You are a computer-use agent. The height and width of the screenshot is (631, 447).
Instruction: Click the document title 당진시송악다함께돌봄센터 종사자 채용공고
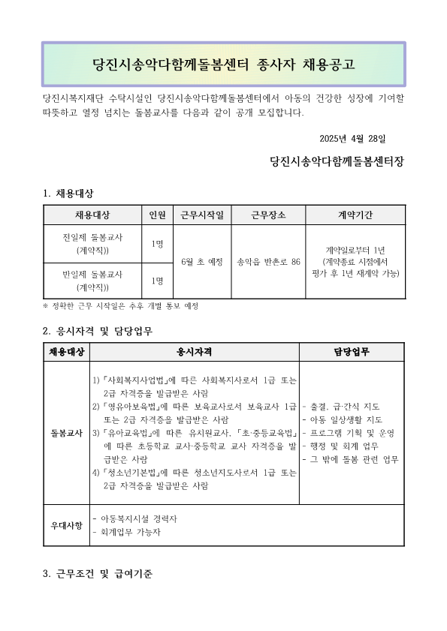223,64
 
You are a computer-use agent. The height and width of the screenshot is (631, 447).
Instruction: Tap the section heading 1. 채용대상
68,194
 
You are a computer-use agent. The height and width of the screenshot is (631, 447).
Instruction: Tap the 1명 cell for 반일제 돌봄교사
158,281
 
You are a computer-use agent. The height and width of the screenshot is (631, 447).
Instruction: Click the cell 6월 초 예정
203,262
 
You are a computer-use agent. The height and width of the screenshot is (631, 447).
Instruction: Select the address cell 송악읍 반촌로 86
268,262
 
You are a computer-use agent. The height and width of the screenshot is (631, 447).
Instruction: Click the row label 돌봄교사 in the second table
67,433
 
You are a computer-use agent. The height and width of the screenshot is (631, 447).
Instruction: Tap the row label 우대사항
67,525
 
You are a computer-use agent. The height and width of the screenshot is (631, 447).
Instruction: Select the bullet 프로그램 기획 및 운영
347,433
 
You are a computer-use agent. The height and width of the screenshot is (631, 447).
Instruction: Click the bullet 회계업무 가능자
127,533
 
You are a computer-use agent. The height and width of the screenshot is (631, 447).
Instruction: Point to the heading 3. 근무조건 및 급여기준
98,575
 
